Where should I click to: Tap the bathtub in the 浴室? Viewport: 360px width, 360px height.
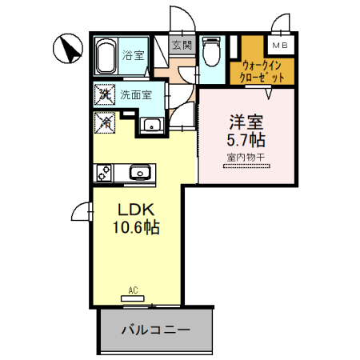(106, 58)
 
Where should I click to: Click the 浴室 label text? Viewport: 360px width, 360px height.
(134, 56)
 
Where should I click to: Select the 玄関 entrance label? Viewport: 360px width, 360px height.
(182, 46)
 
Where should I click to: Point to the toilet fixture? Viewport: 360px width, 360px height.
(211, 54)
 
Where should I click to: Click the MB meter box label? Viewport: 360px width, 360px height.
(280, 46)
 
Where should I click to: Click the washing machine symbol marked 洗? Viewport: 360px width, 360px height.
(104, 95)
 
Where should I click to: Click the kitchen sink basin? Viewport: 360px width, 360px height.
(138, 172)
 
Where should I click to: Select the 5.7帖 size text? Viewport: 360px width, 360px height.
(247, 142)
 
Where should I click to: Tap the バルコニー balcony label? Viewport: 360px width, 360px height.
(156, 328)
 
